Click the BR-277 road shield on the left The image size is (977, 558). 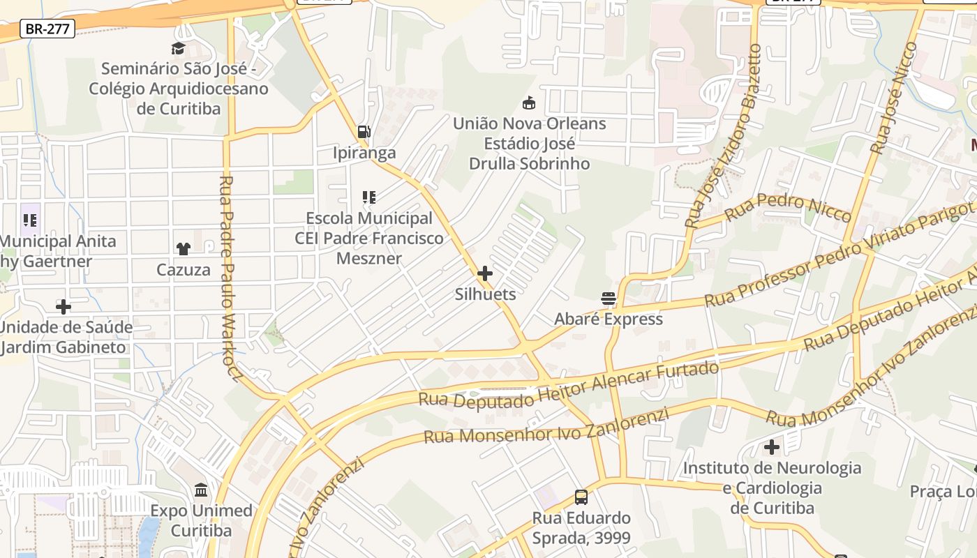tap(47, 29)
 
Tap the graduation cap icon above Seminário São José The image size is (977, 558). tap(178, 48)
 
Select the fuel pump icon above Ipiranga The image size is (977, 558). tap(364, 131)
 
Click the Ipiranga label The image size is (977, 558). tap(364, 153)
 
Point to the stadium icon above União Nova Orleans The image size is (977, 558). tap(529, 103)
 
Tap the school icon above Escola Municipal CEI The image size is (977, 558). tap(368, 197)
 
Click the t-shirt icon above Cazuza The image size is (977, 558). tap(183, 248)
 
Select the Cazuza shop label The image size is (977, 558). tap(184, 269)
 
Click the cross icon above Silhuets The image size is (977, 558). tap(485, 273)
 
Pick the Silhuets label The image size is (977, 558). tap(486, 294)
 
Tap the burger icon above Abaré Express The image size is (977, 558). tap(609, 299)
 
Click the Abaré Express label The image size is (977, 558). tap(609, 319)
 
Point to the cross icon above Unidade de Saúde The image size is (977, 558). tap(64, 306)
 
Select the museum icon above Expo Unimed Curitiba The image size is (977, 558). tap(201, 490)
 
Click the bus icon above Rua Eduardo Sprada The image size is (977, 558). tap(581, 497)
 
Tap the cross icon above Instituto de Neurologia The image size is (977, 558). tap(772, 446)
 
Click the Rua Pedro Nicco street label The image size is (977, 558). tap(788, 207)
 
